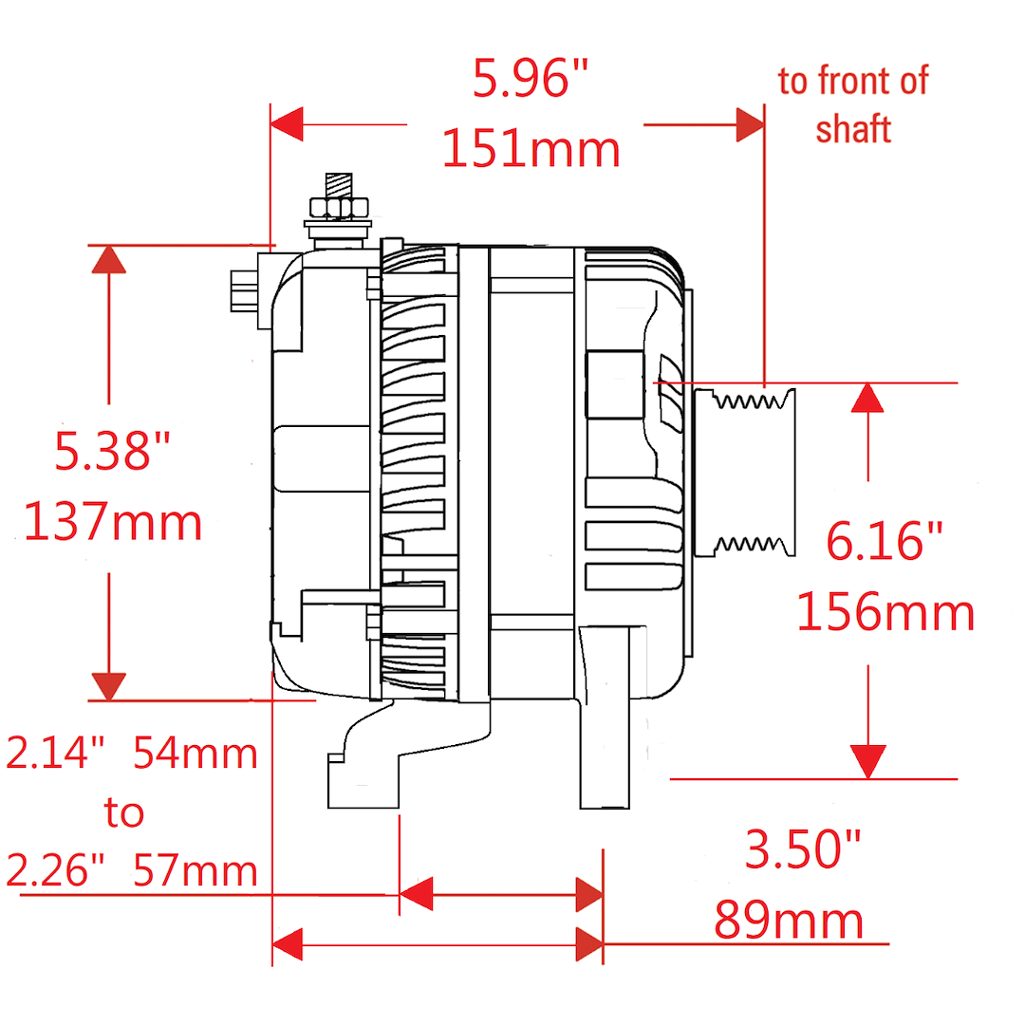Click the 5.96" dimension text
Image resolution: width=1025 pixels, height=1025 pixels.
click(x=531, y=79)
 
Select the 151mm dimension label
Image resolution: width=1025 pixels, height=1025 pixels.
click(x=531, y=149)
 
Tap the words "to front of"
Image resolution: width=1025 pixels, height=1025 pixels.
click(x=853, y=81)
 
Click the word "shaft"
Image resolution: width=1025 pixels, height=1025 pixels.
click(x=853, y=128)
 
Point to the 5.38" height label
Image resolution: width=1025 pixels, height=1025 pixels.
click(x=112, y=451)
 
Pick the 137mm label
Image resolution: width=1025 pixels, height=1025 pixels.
click(x=112, y=522)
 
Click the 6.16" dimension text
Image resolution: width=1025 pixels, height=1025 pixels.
click(x=885, y=541)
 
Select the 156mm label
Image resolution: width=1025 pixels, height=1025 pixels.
click(x=885, y=612)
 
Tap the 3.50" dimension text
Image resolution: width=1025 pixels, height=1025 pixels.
click(x=804, y=849)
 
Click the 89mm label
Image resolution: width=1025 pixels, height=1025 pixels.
click(x=789, y=921)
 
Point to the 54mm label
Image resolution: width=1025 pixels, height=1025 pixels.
click(x=196, y=753)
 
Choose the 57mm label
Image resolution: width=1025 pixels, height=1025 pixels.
click(x=196, y=870)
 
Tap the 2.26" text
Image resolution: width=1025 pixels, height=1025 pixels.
click(x=56, y=870)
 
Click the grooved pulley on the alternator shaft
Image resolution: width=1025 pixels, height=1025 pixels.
click(x=745, y=473)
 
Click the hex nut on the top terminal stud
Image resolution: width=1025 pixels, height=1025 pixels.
click(x=339, y=209)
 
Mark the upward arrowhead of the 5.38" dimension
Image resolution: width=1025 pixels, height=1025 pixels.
click(x=108, y=259)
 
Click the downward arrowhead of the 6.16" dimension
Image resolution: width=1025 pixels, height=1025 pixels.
click(x=868, y=761)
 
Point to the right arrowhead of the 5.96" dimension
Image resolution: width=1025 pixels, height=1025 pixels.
click(x=751, y=124)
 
